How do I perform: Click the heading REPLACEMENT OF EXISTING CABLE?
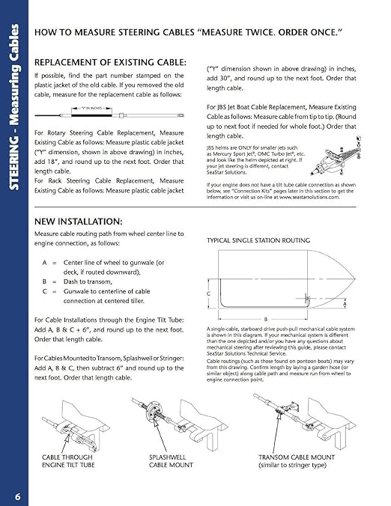(110, 61)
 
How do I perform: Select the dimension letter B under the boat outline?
(265, 317)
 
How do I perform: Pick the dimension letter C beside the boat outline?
(209, 293)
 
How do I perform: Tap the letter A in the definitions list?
(44, 263)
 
